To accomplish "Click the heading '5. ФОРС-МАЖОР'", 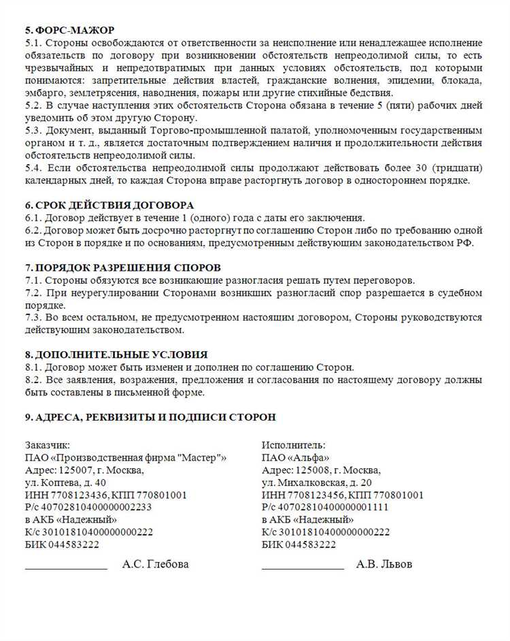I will pos(69,31).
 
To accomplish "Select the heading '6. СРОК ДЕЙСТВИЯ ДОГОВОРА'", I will pos(109,206).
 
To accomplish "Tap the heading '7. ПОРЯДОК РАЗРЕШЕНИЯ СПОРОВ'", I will pos(122,268).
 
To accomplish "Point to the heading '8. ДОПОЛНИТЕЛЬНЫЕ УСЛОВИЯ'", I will pos(116,355).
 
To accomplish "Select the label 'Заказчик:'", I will pos(47,445).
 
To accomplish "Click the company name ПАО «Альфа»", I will pos(295,457).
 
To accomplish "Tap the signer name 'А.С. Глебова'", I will pos(155,564).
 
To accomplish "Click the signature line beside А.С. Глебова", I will pos(66,568).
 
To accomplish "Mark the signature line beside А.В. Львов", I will pos(303,568).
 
